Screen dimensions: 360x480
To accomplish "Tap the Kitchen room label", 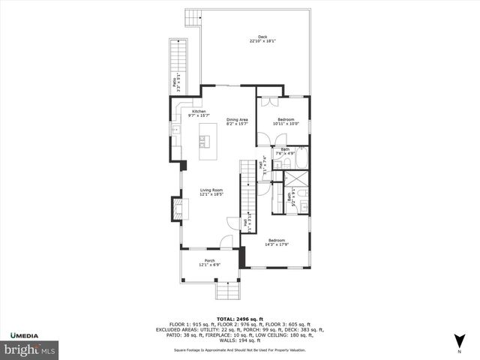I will (199, 112).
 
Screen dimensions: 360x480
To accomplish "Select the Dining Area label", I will (237, 120).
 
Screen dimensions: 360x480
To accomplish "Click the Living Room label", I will (211, 190).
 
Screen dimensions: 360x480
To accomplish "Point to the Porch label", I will (209, 261).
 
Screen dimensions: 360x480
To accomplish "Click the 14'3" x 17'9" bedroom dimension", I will (277, 244).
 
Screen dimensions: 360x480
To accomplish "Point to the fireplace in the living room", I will (177, 208).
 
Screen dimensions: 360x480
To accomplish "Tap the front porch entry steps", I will (226, 289).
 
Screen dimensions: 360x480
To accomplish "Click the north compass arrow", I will (459, 341).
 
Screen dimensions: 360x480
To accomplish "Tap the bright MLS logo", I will (29, 349).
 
